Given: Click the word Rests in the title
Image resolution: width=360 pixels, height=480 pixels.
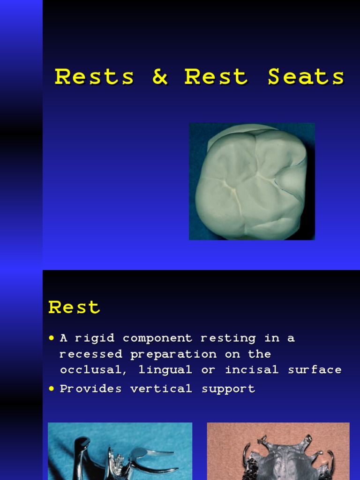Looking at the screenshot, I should coord(94,77).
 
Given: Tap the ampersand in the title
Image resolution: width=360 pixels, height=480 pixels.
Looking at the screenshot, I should coord(160,77).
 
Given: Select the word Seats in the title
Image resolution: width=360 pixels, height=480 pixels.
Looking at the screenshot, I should coord(306,77).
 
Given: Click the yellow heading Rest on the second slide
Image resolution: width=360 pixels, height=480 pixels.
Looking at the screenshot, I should coord(74,307).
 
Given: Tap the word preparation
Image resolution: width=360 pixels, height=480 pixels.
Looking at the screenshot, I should coord(173,354).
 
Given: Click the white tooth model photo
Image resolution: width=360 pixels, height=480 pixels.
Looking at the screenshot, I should coord(252,181).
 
